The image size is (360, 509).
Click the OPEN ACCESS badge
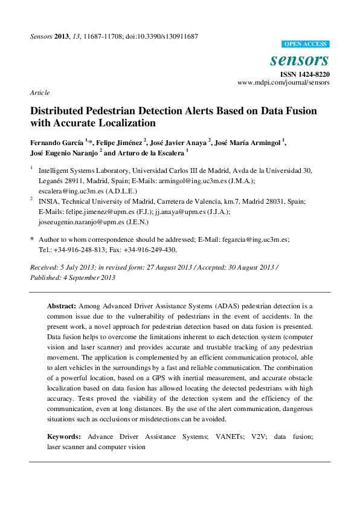306,44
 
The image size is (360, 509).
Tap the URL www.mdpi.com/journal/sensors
283,82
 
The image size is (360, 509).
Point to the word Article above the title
39,92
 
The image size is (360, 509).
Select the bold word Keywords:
64,436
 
